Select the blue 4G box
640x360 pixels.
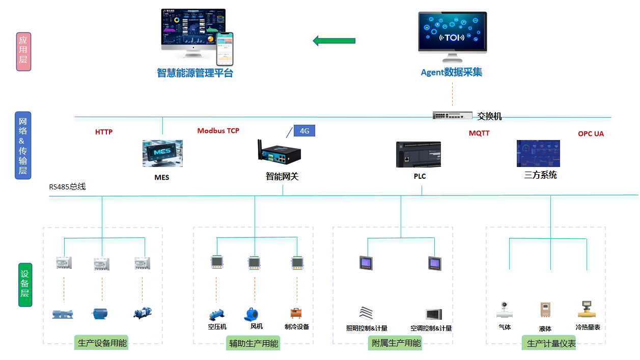pos(304,131)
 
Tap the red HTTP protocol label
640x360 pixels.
pos(104,132)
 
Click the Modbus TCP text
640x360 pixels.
pos(218,131)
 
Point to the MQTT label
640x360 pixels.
pos(479,133)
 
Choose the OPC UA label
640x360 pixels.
pos(591,134)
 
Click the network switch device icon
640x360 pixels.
pos(453,115)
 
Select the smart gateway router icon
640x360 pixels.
pos(279,152)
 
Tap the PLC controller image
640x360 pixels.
pos(419,155)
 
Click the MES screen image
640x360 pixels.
pos(162,154)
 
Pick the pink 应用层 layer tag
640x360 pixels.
pos(23,51)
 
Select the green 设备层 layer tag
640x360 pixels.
pos(25,285)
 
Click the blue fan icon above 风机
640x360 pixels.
pos(253,314)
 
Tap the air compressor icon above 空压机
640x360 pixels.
pos(217,314)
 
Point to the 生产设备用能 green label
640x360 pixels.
pos(102,343)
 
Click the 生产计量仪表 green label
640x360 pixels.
pos(551,344)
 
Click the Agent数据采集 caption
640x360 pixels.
pos(452,72)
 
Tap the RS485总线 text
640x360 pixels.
pos(68,187)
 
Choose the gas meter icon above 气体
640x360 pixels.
pos(504,309)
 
